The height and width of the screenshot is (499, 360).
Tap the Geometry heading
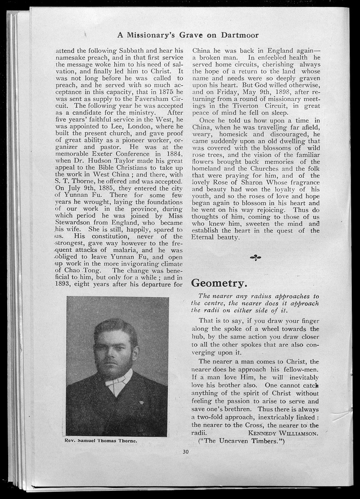[x=219, y=283]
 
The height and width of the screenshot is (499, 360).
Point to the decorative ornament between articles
[x=255, y=258]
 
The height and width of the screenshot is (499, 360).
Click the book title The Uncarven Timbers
[x=242, y=441]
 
